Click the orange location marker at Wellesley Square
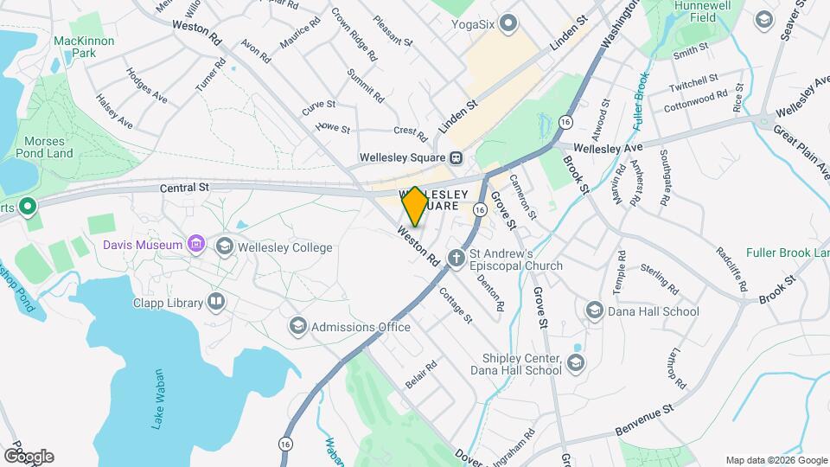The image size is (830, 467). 414,206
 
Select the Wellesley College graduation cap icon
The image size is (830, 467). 225,247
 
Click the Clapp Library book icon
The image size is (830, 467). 216,303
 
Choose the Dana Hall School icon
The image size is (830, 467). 594,310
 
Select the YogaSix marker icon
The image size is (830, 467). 508,23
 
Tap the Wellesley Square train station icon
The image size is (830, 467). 456,157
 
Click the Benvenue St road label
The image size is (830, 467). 643,420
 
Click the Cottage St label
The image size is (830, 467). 456,305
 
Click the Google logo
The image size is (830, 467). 29,456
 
